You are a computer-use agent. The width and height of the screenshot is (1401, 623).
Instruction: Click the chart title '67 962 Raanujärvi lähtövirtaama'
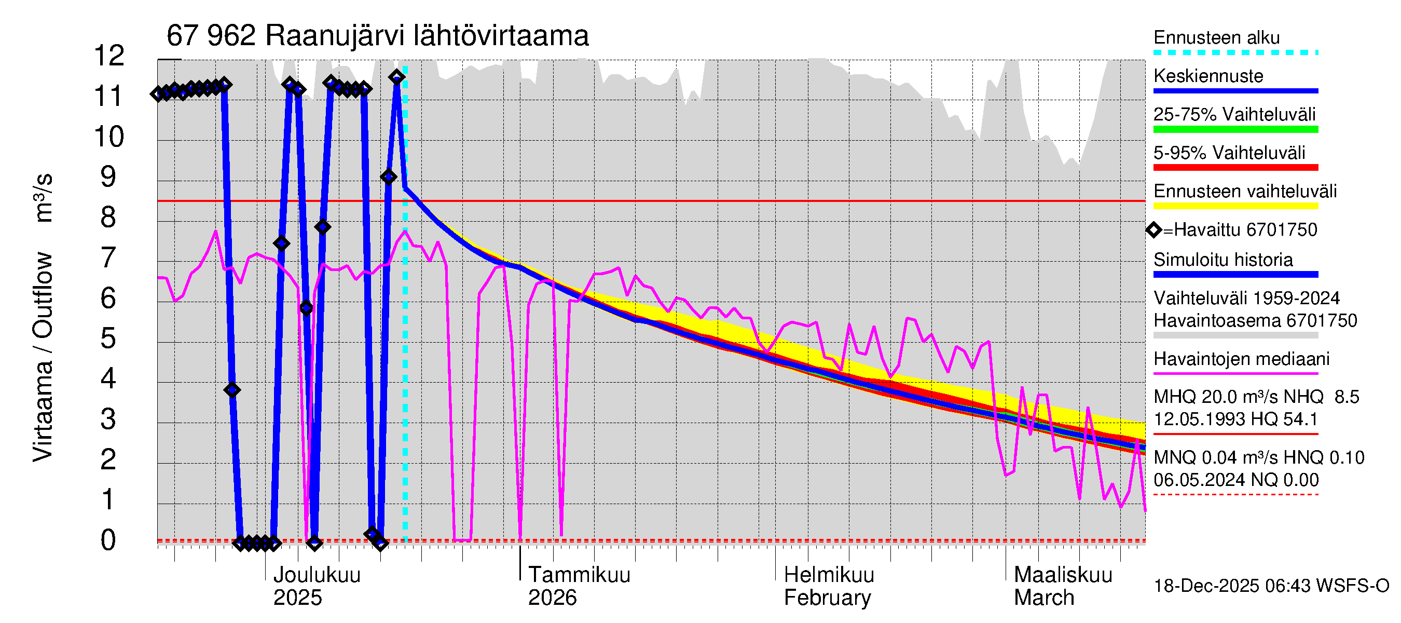[377, 36]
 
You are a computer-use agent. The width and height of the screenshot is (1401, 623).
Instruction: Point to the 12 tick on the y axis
[109, 56]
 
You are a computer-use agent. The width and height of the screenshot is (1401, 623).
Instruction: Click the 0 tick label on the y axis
[108, 540]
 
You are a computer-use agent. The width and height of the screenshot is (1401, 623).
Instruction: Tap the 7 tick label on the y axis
[108, 258]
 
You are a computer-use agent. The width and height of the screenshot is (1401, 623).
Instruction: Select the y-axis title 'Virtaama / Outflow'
[43, 356]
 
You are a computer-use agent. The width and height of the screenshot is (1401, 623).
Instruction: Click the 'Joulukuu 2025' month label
[316, 586]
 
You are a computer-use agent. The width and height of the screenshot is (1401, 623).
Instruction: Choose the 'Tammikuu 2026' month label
[579, 586]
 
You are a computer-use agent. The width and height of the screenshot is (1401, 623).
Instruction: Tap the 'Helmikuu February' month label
[828, 586]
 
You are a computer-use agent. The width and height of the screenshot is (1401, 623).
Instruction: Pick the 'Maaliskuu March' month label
[1063, 586]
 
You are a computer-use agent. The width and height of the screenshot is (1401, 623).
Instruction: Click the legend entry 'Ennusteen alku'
[1216, 37]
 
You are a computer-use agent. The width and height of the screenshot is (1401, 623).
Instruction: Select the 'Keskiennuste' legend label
[1208, 76]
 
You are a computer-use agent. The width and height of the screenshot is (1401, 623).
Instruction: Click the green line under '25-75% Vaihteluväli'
[1235, 129]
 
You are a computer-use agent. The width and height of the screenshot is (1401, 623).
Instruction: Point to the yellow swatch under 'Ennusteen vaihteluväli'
[1235, 206]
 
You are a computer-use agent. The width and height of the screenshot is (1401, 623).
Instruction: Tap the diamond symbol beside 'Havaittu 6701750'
[1153, 230]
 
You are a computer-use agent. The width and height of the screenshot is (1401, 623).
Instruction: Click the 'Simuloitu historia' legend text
[1223, 260]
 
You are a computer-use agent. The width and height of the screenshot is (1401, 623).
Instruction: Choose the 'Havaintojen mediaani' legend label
[1241, 359]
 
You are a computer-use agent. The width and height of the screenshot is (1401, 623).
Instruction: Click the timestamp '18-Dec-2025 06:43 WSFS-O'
[1271, 586]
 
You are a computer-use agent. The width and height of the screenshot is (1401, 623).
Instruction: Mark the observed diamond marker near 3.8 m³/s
[232, 390]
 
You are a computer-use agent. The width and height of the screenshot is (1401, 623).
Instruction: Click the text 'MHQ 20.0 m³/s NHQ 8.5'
[1256, 397]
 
